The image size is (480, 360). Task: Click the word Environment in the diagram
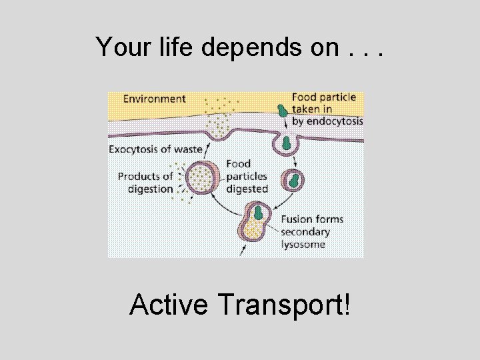(x=155, y=99)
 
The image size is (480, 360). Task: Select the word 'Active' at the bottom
(x=171, y=305)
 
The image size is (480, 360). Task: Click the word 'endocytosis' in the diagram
(x=327, y=121)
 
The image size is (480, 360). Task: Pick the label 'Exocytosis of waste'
(x=155, y=149)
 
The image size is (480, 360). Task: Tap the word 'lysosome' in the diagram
(x=303, y=244)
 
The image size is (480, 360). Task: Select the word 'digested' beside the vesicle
(x=247, y=189)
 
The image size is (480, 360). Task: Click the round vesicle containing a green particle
(x=292, y=180)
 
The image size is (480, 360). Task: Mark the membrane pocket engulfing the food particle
(x=286, y=142)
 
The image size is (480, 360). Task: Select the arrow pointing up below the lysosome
(x=241, y=251)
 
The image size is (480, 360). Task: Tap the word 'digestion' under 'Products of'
(x=150, y=189)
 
